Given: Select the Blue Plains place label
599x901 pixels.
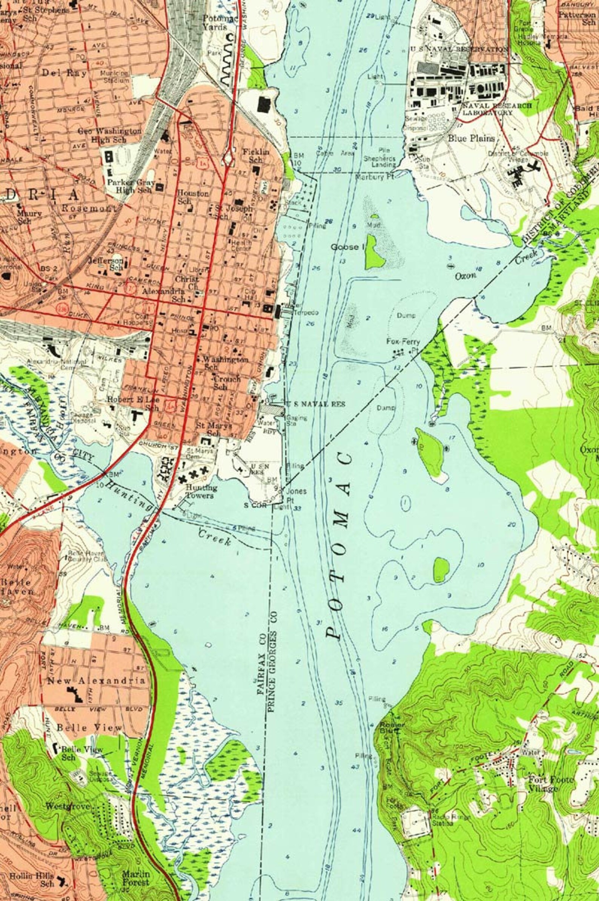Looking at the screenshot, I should tap(471, 138).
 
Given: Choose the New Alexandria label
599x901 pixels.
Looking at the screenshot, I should tap(96, 681).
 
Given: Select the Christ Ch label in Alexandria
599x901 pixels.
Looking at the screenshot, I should tap(187, 282).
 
